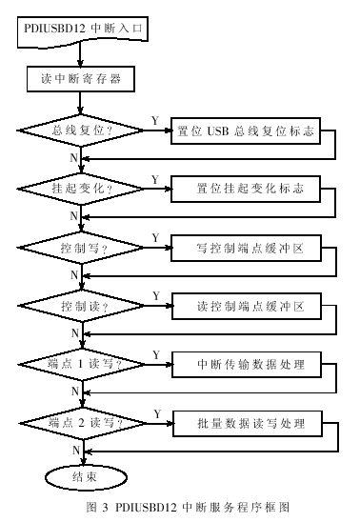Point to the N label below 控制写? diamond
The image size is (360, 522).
[74, 275]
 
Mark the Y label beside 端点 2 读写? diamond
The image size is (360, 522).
[155, 412]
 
